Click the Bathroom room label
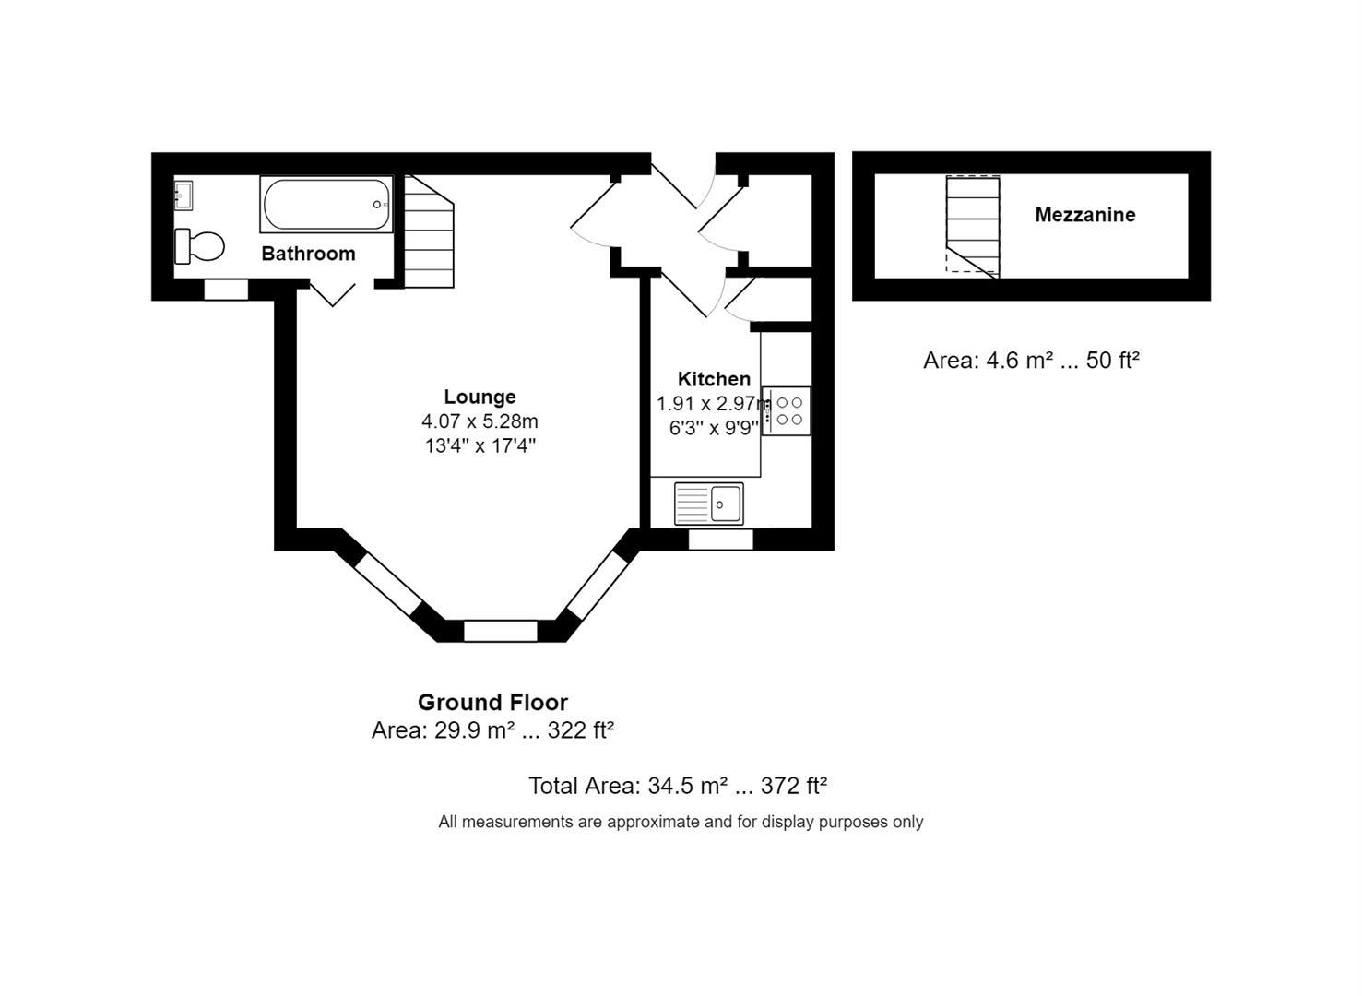point(308,254)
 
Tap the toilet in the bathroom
point(200,246)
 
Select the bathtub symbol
point(326,204)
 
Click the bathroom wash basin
point(184,196)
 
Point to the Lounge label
point(480,397)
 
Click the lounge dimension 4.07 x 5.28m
point(480,421)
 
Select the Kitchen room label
point(714,379)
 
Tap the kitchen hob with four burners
point(787,411)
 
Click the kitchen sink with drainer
point(708,504)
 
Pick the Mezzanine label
point(1084,215)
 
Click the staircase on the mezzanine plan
point(973,226)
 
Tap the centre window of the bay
point(500,632)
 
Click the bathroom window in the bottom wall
point(226,290)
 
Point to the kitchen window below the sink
point(721,540)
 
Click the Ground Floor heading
point(492,702)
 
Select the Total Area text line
point(677,786)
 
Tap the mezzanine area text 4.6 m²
point(1031,361)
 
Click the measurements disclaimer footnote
point(681,822)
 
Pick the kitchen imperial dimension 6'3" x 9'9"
point(714,428)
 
